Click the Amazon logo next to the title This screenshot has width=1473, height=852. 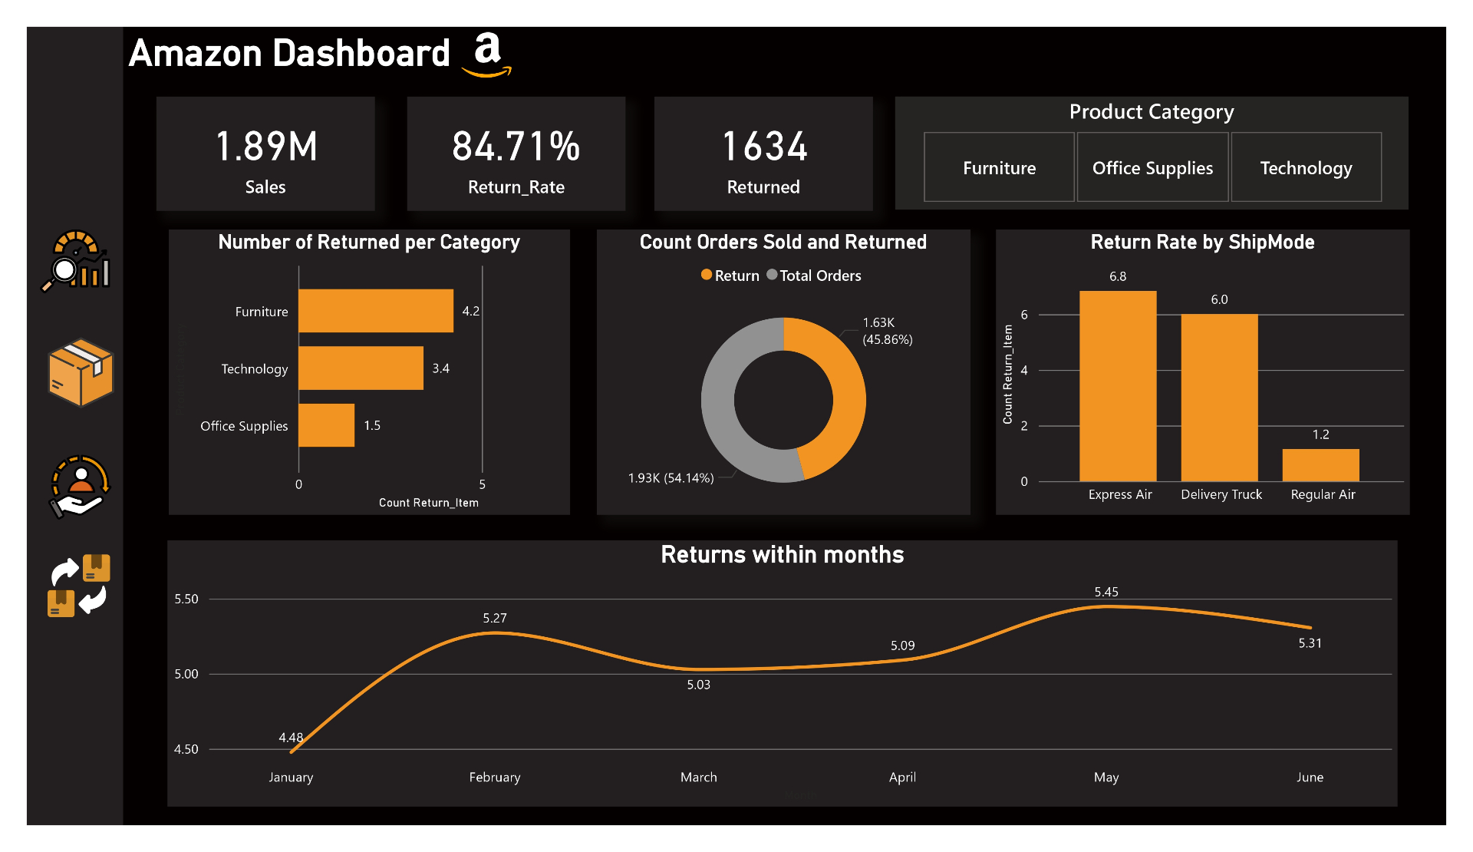(487, 54)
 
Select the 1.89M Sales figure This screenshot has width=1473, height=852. (266, 146)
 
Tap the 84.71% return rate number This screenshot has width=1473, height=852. (516, 146)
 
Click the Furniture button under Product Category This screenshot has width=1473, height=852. (999, 167)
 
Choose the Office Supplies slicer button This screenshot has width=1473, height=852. (1152, 167)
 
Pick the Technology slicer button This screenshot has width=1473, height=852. (1306, 167)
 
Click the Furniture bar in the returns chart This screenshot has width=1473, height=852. (375, 311)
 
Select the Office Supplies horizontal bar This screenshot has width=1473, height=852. (326, 425)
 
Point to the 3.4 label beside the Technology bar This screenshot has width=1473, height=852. (440, 368)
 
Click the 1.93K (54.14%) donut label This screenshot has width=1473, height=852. (671, 478)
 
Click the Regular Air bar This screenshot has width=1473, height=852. (1320, 465)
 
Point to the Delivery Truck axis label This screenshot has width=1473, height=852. (1221, 495)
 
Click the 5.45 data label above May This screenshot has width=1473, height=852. (1106, 592)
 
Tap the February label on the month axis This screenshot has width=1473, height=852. (494, 778)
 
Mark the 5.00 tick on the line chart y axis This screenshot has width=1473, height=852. (186, 674)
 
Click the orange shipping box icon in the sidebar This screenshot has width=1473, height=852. (81, 372)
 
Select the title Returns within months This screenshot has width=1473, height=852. (782, 555)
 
